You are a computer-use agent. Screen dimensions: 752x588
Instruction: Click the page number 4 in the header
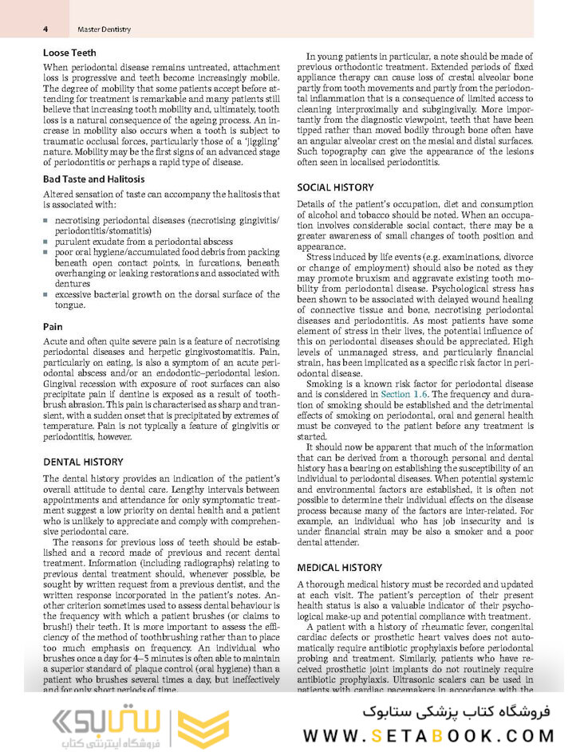click(45, 30)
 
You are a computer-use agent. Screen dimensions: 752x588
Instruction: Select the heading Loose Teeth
click(69, 53)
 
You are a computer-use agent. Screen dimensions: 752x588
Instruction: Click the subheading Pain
click(53, 326)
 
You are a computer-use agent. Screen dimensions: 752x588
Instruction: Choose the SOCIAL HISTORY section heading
click(335, 187)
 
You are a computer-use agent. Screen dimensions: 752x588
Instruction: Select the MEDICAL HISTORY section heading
click(339, 567)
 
